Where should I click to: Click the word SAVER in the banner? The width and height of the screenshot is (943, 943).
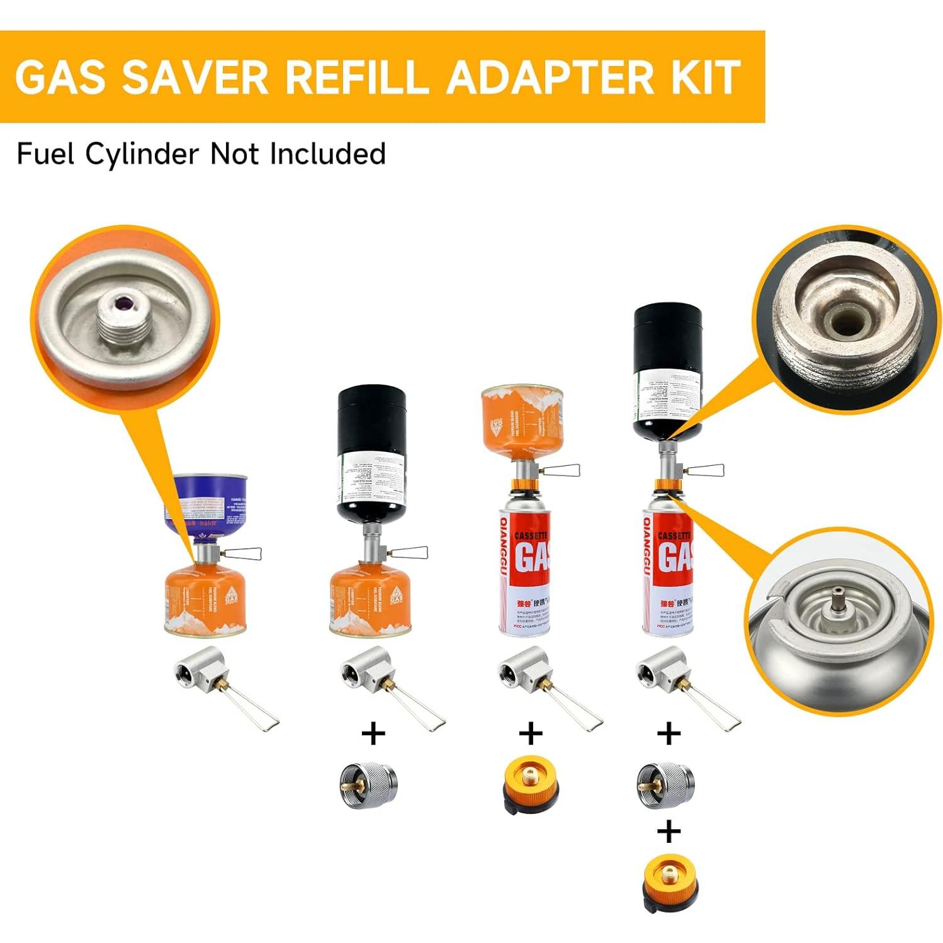tap(195, 77)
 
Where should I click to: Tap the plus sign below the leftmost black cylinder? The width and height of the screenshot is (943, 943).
tap(373, 733)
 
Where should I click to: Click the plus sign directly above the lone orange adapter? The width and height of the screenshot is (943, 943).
tap(531, 733)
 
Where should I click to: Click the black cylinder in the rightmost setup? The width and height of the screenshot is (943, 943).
tap(667, 371)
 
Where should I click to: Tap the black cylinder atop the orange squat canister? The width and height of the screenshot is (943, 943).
tap(371, 453)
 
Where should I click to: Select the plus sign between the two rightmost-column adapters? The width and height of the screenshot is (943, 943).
tap(669, 832)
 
